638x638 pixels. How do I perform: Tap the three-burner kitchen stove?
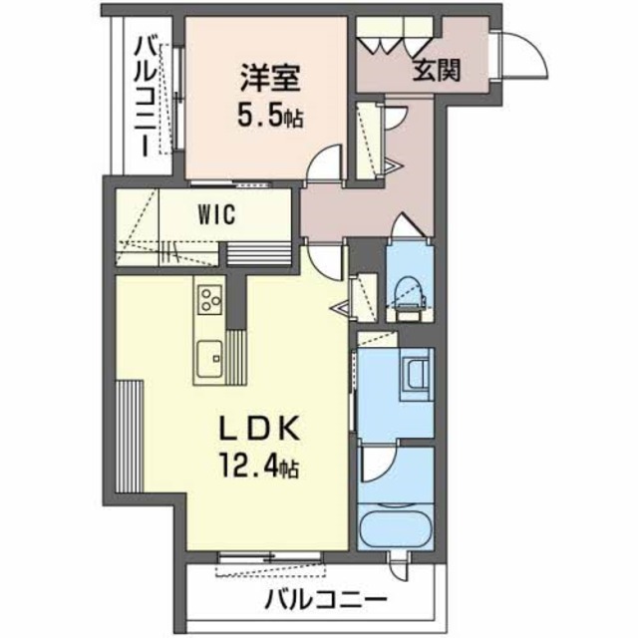209,297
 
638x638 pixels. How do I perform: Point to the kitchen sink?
209,356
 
